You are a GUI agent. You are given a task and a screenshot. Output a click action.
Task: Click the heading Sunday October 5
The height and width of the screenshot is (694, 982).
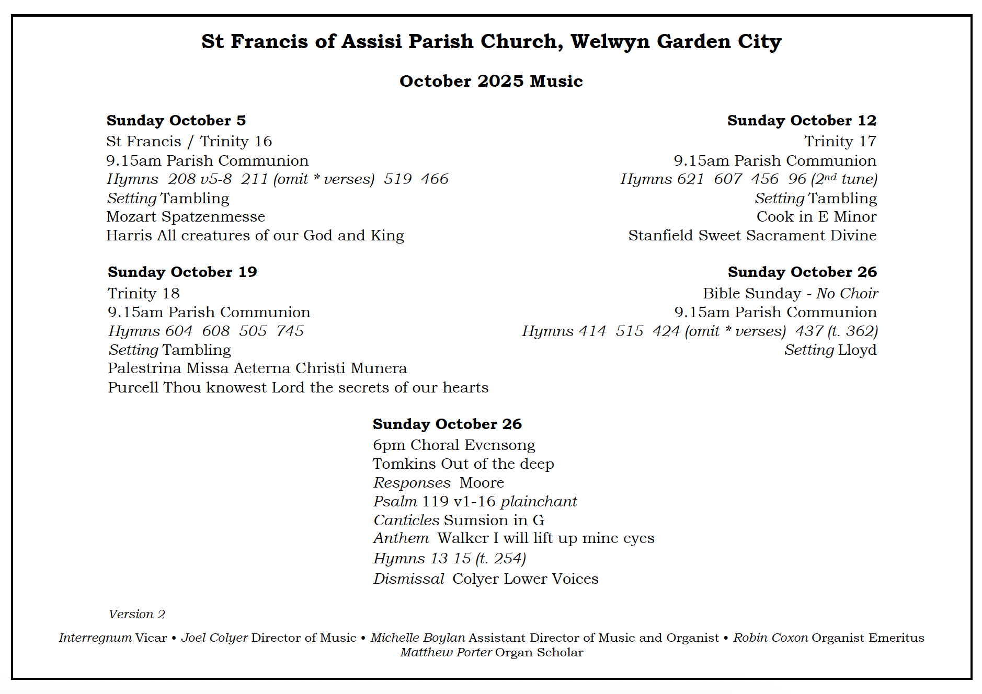[176, 121]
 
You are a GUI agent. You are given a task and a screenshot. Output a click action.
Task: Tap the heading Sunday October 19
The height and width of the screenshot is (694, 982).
[182, 272]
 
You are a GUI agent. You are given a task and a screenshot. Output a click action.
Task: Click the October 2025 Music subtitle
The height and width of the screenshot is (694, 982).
[491, 82]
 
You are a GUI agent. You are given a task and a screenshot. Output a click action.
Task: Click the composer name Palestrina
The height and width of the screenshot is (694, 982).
[145, 368]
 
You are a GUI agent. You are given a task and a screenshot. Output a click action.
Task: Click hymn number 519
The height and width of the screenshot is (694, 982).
[398, 179]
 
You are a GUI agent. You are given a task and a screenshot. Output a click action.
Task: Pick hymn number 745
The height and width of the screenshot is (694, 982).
[290, 331]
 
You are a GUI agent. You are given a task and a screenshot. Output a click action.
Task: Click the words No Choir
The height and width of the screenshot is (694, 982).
[847, 294]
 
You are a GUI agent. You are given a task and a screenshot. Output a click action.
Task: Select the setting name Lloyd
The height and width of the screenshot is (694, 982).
[857, 350]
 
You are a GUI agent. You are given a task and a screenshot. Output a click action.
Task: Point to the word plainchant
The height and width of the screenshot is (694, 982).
[539, 502]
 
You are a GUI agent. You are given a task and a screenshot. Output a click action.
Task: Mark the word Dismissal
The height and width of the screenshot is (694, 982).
[408, 579]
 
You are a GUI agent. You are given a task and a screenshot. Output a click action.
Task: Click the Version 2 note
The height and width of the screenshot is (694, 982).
[136, 615]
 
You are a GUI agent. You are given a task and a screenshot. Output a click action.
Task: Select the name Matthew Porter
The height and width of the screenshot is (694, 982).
[446, 653]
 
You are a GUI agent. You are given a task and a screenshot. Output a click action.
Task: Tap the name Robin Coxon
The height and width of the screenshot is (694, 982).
[770, 638]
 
